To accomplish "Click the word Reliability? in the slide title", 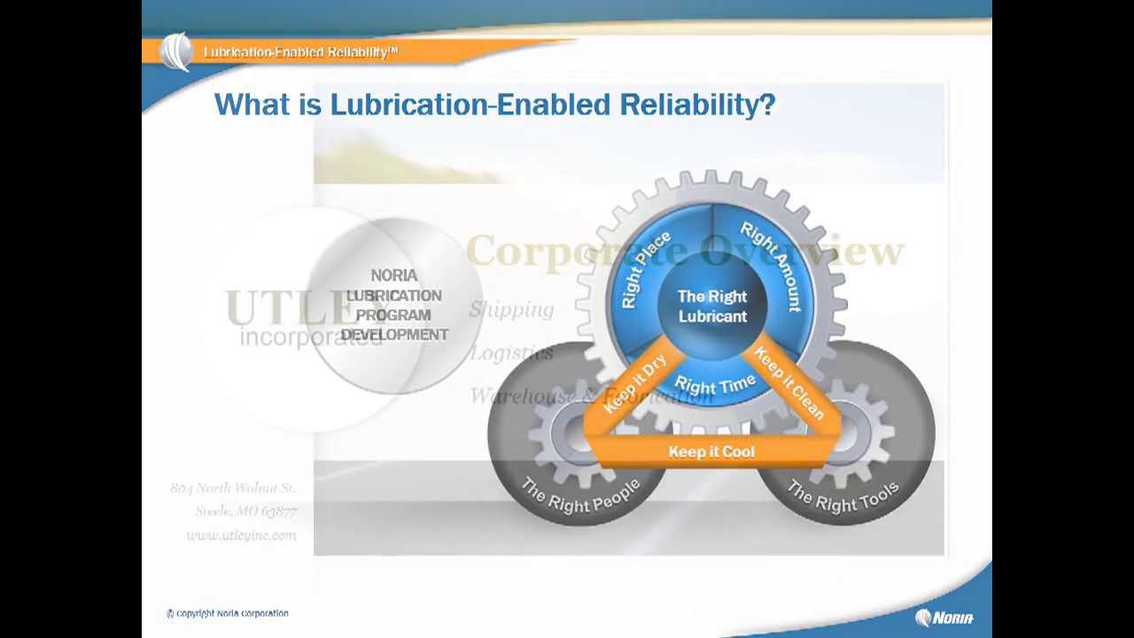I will (696, 105).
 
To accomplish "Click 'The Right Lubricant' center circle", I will (712, 307).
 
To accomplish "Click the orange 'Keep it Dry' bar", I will (634, 384).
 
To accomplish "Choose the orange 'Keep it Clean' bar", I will (788, 384).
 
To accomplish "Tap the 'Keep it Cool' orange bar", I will (711, 452).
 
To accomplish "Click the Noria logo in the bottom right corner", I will (944, 618).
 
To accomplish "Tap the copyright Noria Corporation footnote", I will (228, 613).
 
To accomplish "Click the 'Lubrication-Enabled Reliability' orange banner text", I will (300, 52).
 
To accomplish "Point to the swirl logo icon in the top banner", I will (176, 51).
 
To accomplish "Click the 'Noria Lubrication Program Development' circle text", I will (394, 305).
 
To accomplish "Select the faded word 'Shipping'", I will (511, 309).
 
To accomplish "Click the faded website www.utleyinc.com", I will (241, 535).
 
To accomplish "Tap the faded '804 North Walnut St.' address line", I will (232, 488).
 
